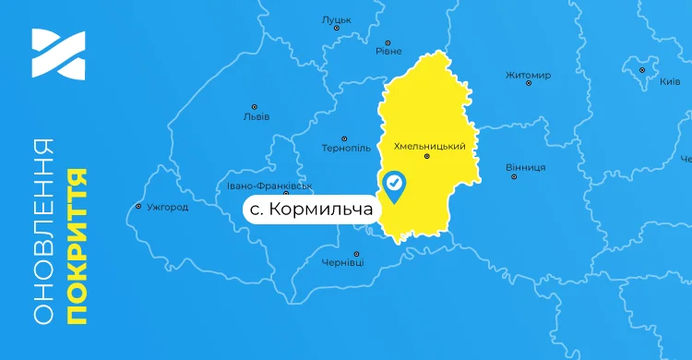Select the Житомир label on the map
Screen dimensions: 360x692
click(529, 75)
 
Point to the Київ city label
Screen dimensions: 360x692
click(670, 81)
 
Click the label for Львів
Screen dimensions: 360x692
click(256, 117)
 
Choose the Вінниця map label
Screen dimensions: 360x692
click(526, 167)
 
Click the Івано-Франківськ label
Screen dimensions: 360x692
click(270, 186)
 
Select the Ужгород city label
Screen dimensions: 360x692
click(168, 207)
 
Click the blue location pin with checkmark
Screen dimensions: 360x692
click(395, 186)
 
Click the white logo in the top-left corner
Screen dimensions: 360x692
click(58, 54)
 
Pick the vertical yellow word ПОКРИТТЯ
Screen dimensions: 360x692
click(78, 246)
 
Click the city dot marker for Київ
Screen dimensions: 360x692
click(642, 69)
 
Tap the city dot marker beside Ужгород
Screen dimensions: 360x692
click(138, 206)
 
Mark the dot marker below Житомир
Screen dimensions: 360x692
click(529, 84)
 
